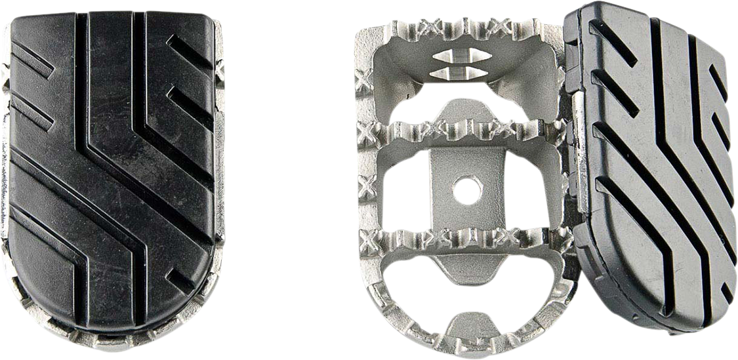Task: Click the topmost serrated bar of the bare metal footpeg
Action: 459,30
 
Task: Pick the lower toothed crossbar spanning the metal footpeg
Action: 459,237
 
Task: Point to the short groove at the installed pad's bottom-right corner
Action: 177,282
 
